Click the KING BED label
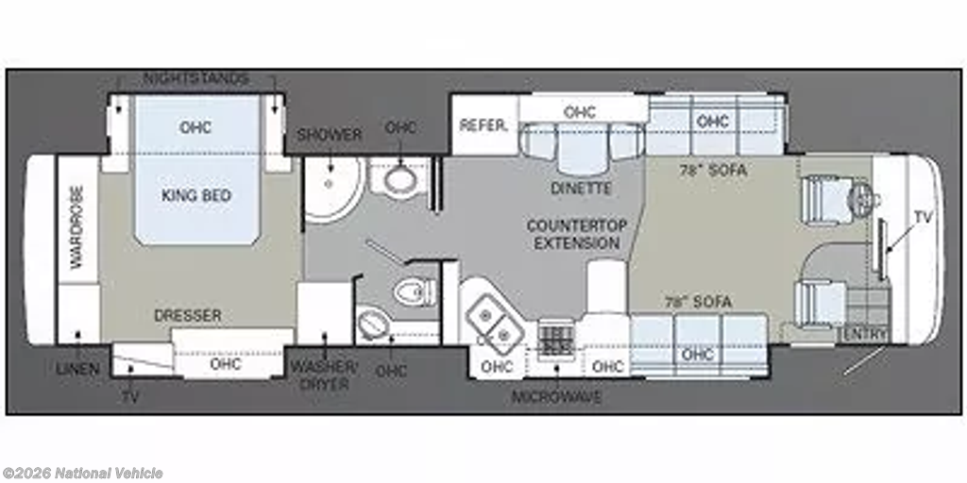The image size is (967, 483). point(196,195)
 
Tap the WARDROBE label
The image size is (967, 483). point(77,227)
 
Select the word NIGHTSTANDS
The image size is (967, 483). point(196,79)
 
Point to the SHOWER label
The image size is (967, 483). point(330,135)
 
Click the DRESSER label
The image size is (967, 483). point(188,315)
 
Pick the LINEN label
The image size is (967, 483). point(77,369)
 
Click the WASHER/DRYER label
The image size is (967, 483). point(324,375)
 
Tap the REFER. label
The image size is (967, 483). point(484,125)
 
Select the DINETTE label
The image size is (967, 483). point(582,189)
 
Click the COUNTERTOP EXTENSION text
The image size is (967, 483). point(577,234)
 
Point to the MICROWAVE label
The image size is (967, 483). point(556,397)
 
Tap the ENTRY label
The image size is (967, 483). point(865,335)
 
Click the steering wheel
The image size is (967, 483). point(861,198)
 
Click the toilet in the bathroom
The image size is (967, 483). point(415,291)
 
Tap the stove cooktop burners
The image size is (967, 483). point(553,340)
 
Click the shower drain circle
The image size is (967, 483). point(330,183)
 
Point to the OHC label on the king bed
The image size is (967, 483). point(195,127)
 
